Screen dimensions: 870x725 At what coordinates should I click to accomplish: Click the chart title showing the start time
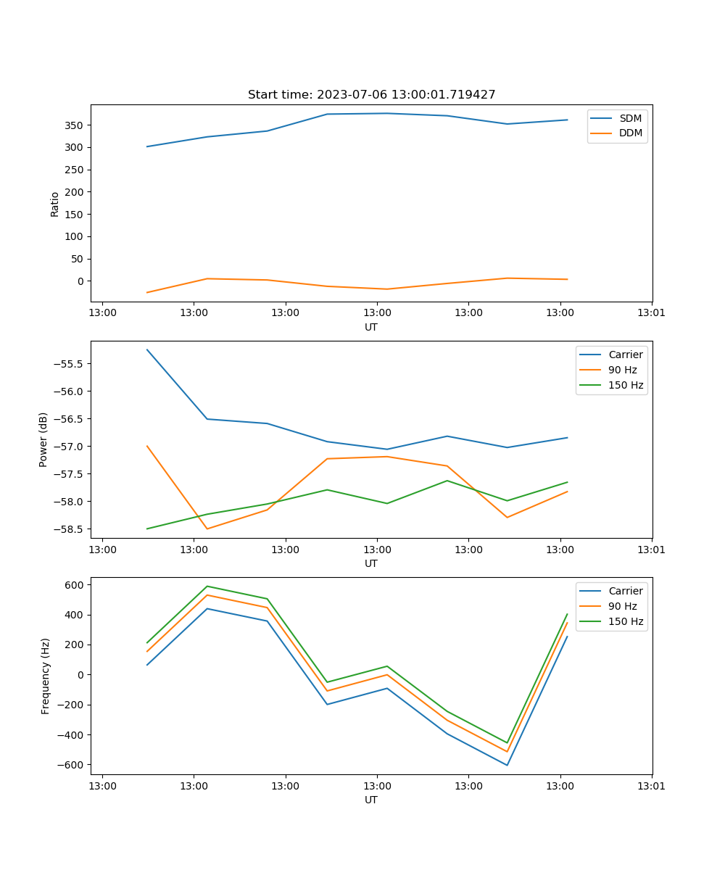click(x=371, y=95)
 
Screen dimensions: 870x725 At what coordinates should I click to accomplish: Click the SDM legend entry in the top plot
click(x=630, y=118)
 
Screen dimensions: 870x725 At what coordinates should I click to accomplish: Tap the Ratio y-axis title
click(x=55, y=204)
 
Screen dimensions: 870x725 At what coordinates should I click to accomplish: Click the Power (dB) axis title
click(x=43, y=439)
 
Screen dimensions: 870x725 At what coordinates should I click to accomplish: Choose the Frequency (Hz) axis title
click(x=46, y=676)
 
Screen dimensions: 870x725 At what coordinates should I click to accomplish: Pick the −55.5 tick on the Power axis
click(x=70, y=364)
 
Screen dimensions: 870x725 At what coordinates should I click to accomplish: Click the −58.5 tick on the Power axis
click(x=70, y=529)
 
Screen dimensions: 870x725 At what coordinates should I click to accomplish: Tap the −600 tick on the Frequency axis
click(x=72, y=765)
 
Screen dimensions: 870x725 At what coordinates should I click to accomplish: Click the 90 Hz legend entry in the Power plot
click(x=623, y=370)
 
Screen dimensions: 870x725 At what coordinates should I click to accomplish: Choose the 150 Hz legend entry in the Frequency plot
click(x=626, y=621)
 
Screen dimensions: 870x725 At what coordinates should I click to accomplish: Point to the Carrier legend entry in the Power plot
click(x=625, y=355)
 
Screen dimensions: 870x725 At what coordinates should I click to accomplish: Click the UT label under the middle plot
click(x=371, y=563)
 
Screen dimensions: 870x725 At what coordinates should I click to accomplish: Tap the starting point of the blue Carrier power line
click(x=147, y=349)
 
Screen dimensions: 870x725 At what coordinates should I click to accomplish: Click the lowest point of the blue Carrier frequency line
click(x=507, y=765)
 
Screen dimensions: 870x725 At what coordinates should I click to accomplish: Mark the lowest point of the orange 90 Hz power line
click(x=207, y=529)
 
